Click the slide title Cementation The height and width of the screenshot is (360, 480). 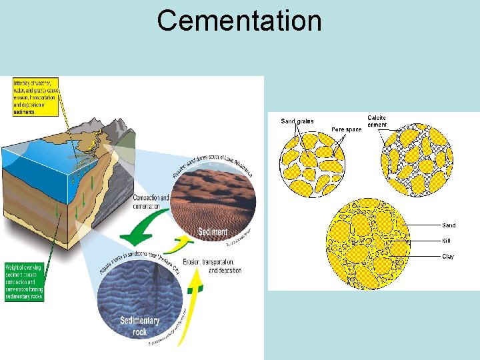pyautogui.click(x=239, y=21)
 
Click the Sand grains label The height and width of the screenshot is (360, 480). pyautogui.click(x=297, y=121)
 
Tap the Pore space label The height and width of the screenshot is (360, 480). pyautogui.click(x=346, y=129)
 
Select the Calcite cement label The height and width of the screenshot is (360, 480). pyautogui.click(x=377, y=121)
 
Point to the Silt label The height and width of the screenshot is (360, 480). pyautogui.click(x=448, y=241)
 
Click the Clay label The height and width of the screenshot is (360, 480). pyautogui.click(x=448, y=256)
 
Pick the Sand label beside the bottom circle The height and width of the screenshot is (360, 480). pyautogui.click(x=449, y=225)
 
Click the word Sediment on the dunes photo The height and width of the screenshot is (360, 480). pyautogui.click(x=213, y=232)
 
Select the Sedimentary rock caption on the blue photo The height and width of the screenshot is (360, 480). pyautogui.click(x=139, y=325)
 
